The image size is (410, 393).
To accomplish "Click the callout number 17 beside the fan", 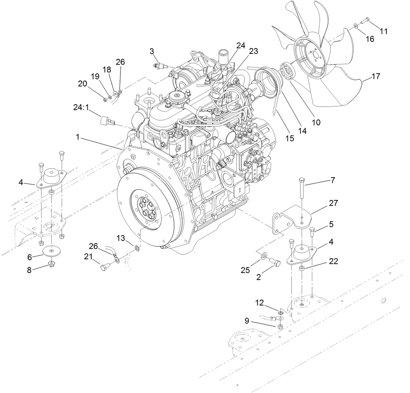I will [375, 77].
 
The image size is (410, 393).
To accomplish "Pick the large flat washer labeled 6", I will [52, 251].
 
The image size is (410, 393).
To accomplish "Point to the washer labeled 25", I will [263, 255].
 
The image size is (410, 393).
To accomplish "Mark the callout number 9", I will [247, 321].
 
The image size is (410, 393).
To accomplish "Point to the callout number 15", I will [290, 138].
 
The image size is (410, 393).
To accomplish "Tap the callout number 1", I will [77, 137].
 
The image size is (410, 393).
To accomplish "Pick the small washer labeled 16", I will [356, 26].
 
